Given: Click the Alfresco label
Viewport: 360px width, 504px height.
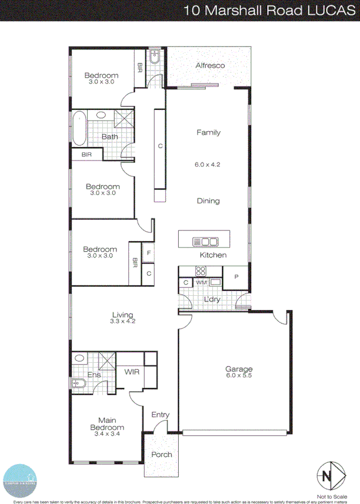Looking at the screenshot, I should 210,66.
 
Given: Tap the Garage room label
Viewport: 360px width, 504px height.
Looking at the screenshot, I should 239,369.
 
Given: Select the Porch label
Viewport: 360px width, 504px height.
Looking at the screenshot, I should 162,455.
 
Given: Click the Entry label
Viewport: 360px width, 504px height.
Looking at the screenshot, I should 161,415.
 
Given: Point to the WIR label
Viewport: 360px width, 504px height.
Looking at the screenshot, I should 132,372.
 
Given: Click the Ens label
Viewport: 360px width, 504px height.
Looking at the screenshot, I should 94,375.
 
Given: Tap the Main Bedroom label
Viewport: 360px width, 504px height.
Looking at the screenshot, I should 106,424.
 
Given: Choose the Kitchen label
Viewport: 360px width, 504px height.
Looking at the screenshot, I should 213,255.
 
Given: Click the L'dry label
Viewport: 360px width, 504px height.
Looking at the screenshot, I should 212,299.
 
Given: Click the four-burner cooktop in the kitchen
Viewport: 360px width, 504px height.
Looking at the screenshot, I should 201,272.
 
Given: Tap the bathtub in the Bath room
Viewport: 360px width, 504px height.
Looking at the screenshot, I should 79,129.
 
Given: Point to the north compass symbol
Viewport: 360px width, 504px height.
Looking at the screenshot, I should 329,474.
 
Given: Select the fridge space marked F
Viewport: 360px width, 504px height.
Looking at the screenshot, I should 149,254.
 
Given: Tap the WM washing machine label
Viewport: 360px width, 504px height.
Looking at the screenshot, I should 201,283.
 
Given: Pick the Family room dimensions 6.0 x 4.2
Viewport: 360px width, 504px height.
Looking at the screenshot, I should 208,165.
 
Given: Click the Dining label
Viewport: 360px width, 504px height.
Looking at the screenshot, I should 208,201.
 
